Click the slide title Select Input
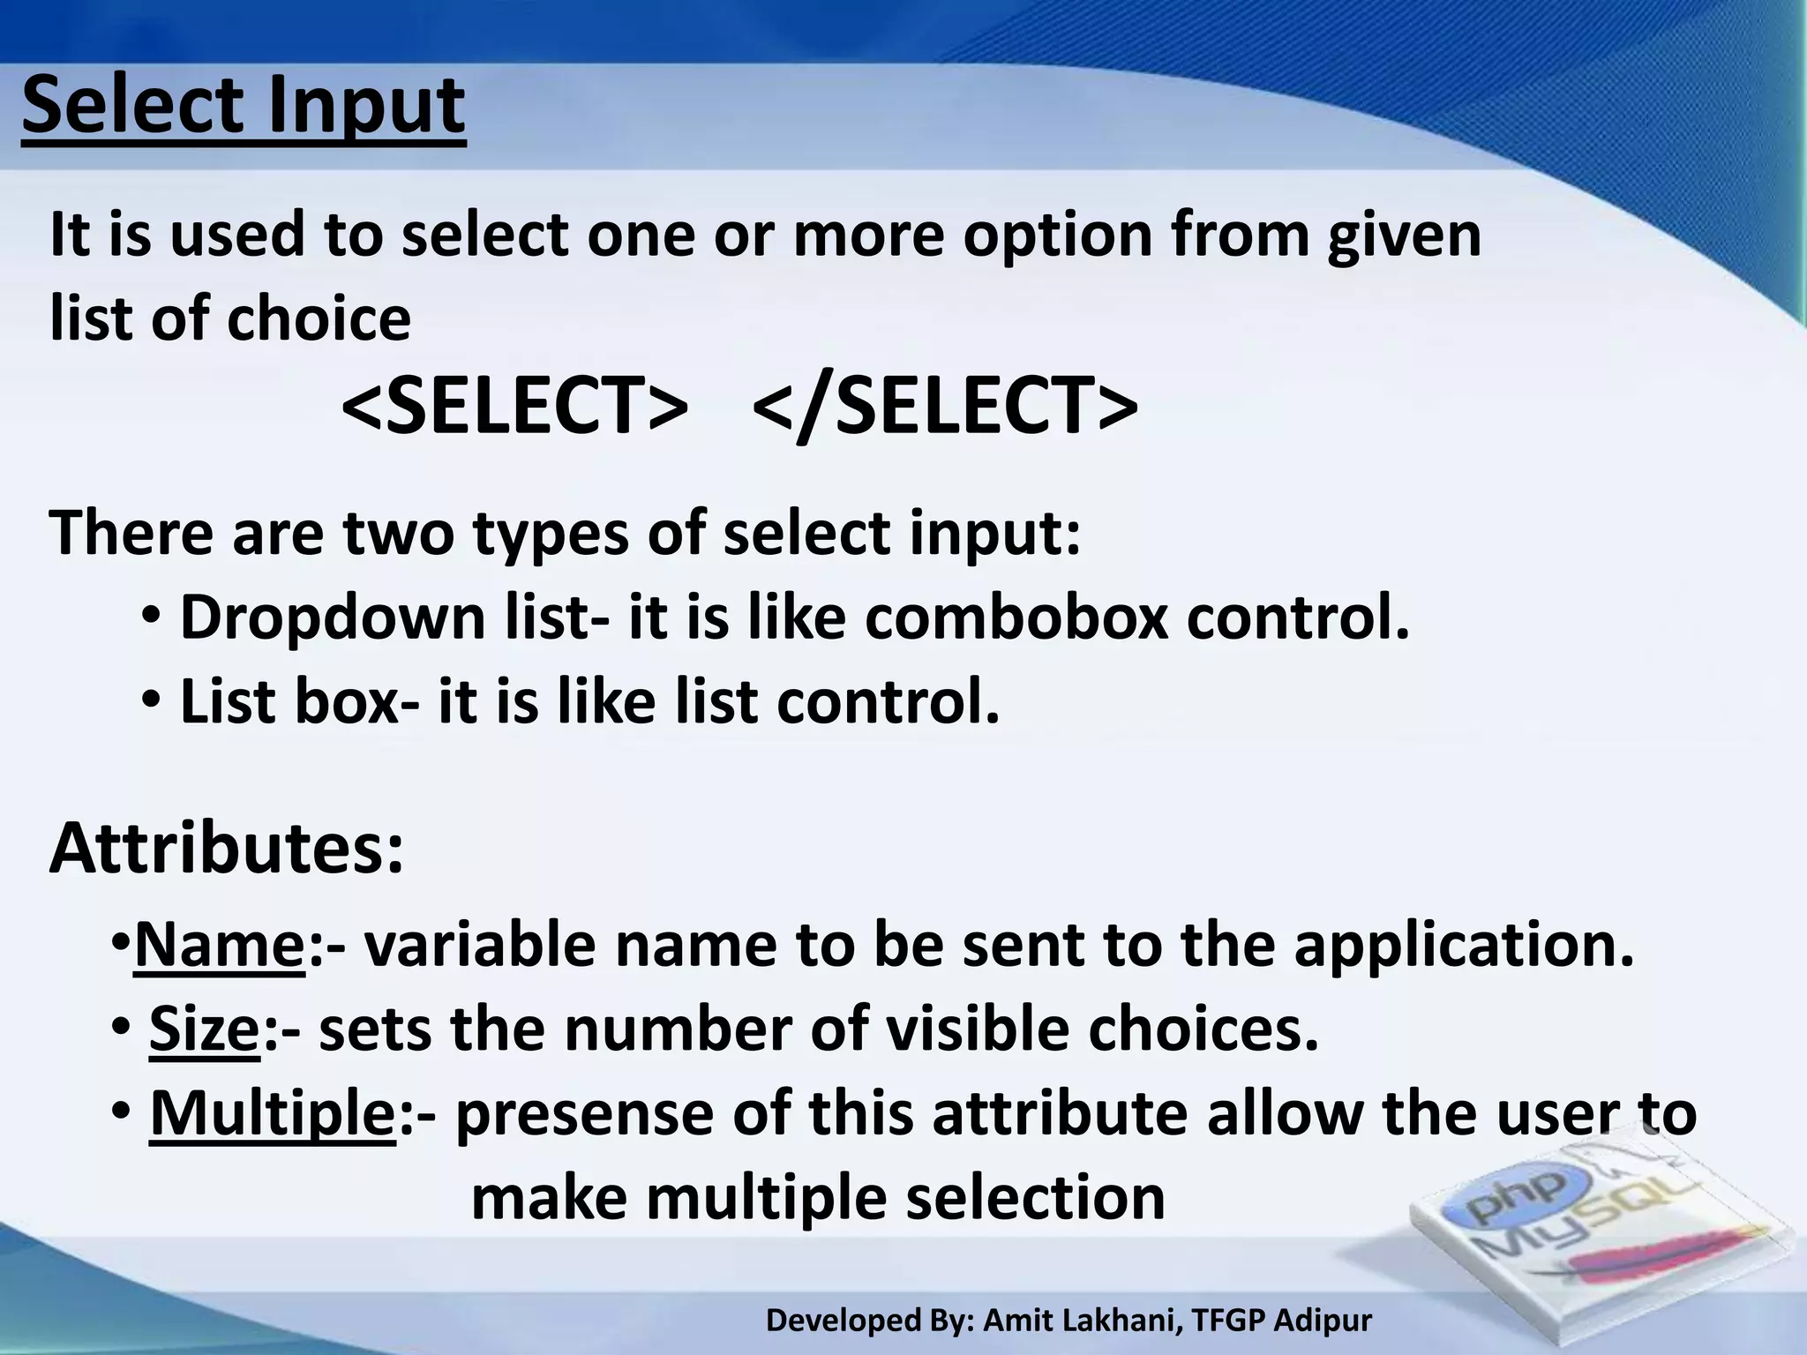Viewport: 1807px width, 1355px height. point(243,108)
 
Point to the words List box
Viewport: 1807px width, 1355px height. point(289,702)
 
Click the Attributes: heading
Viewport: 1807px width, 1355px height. point(227,849)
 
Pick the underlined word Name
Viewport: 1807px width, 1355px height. point(219,945)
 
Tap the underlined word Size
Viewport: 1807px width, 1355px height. point(205,1029)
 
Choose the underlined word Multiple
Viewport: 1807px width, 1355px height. point(273,1113)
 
